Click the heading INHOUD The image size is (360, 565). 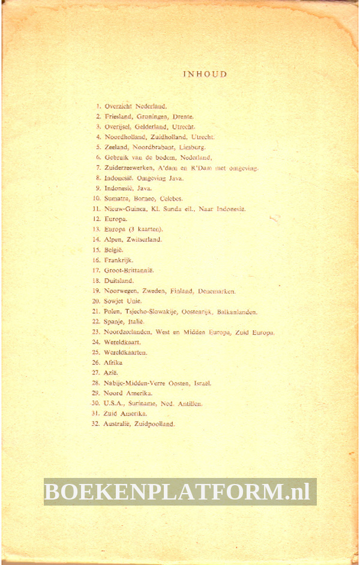[x=205, y=74]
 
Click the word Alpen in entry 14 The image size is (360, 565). [x=113, y=239]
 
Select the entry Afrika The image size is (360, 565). [x=113, y=363]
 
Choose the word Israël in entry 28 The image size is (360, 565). [x=202, y=382]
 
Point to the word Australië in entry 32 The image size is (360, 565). [x=118, y=424]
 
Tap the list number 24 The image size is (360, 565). [x=95, y=342]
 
